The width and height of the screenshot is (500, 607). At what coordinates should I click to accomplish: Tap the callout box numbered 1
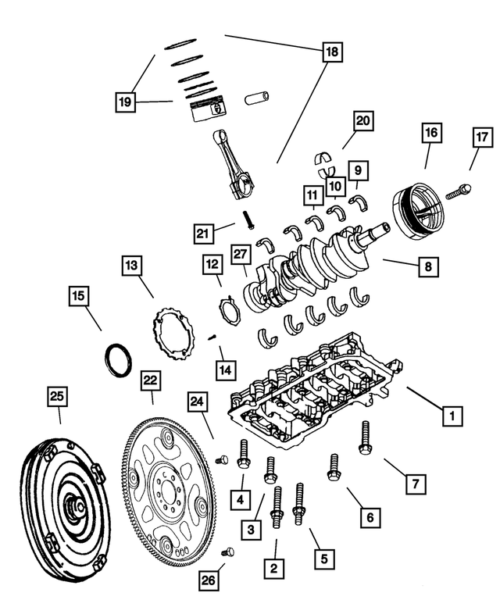(x=452, y=416)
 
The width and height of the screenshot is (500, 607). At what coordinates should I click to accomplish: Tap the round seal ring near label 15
(x=119, y=362)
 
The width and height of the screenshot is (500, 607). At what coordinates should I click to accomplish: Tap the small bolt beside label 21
(x=248, y=220)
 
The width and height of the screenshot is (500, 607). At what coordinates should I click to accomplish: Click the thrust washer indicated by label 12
(x=227, y=310)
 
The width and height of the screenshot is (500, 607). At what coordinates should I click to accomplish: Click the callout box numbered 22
(x=151, y=381)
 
